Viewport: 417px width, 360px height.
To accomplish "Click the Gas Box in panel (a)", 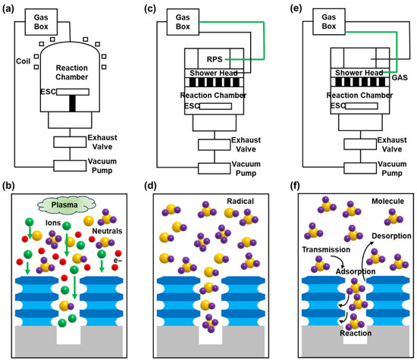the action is coord(41,22).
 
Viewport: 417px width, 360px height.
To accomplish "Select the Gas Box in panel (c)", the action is coord(183,22).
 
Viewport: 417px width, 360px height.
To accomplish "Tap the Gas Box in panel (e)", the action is coord(329,21).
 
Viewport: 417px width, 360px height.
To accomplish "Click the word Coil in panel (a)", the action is coord(24,61).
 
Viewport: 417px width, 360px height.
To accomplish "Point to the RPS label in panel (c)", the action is coord(215,59).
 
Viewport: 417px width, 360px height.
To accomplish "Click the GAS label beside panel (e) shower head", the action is coord(400,77).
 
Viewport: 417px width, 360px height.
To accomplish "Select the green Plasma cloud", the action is coord(67,205).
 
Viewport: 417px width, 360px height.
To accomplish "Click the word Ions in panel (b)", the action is coord(53,223).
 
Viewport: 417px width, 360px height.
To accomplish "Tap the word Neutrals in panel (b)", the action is coord(107,231).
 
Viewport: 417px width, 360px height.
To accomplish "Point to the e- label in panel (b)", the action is coord(118,261).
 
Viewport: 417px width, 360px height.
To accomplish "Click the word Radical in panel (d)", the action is coord(240,202).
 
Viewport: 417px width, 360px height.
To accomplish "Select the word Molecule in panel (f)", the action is coord(387,202).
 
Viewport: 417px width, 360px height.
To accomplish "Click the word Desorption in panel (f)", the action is coord(391,236).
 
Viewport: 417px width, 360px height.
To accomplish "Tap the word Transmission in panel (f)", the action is coord(326,249).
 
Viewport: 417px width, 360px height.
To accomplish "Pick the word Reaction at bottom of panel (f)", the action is coord(356,333).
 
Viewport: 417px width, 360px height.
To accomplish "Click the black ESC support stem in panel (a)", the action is coord(72,103).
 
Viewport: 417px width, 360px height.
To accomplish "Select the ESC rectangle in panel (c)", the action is coord(215,106).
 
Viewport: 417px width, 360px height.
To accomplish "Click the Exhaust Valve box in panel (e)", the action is coord(360,144).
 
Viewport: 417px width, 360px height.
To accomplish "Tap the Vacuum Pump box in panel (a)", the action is coord(70,166).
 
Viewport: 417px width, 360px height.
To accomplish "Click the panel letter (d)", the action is coord(150,186).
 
